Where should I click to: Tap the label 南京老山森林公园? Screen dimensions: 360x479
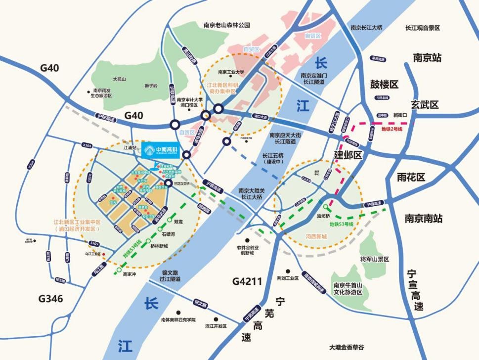227,25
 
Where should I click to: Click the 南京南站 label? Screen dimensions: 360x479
423,218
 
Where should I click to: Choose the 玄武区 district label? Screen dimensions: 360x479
425,105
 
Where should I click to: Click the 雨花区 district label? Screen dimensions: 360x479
411,177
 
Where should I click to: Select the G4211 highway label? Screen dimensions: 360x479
247,282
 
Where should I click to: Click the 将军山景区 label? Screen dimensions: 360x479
375,259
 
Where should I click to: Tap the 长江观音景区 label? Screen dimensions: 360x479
423,28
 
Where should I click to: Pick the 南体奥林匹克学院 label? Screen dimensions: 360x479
178,320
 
